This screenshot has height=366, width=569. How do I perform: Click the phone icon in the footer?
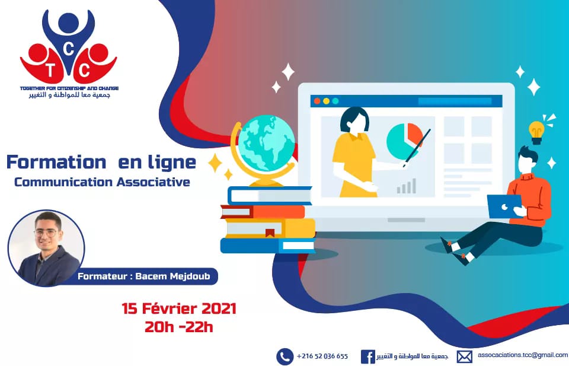tap(285, 357)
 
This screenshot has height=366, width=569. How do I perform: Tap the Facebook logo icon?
tap(367, 357)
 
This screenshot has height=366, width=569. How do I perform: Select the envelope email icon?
tap(464, 357)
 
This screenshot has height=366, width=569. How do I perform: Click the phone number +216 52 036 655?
tap(322, 356)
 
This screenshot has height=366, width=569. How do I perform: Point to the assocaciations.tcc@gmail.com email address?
tap(523, 355)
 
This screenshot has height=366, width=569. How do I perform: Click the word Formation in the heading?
tap(56, 162)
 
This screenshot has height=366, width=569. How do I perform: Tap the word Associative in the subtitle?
tap(153, 182)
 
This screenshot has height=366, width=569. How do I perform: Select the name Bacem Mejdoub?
tap(172, 276)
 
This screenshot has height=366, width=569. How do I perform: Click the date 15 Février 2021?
tap(179, 308)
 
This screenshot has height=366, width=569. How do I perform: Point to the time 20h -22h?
tap(179, 327)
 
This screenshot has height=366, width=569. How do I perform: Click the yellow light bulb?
tap(536, 132)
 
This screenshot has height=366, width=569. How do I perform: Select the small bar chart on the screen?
tap(407, 186)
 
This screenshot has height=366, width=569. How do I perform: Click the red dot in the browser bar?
tap(317, 101)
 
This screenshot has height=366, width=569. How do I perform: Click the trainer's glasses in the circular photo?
tap(46, 233)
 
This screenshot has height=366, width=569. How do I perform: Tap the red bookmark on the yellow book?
tap(270, 233)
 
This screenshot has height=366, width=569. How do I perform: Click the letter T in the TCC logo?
tap(50, 71)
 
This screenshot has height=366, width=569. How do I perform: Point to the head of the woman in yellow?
tap(354, 120)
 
